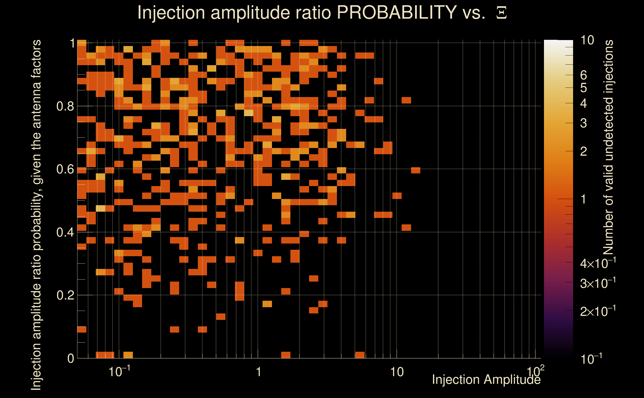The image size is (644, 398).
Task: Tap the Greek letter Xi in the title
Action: pos(501,13)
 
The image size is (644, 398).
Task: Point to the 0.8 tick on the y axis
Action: pos(65,106)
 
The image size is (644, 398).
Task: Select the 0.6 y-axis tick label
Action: pos(65,169)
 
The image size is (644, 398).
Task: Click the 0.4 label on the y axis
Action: pos(65,232)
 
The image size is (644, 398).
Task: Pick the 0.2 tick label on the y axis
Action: pos(65,295)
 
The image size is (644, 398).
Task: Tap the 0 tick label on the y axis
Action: pos(71,358)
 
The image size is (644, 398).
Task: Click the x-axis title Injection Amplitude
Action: pos(486,380)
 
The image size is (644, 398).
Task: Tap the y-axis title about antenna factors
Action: pos(36,215)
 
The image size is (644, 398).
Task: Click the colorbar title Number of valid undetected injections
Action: pos(608,148)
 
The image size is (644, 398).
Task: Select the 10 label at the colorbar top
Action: pos(587,40)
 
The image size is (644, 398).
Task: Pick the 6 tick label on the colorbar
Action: pos(584,75)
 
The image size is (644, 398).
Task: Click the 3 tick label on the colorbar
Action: pos(584,123)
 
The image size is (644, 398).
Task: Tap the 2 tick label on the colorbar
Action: pos(584,151)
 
